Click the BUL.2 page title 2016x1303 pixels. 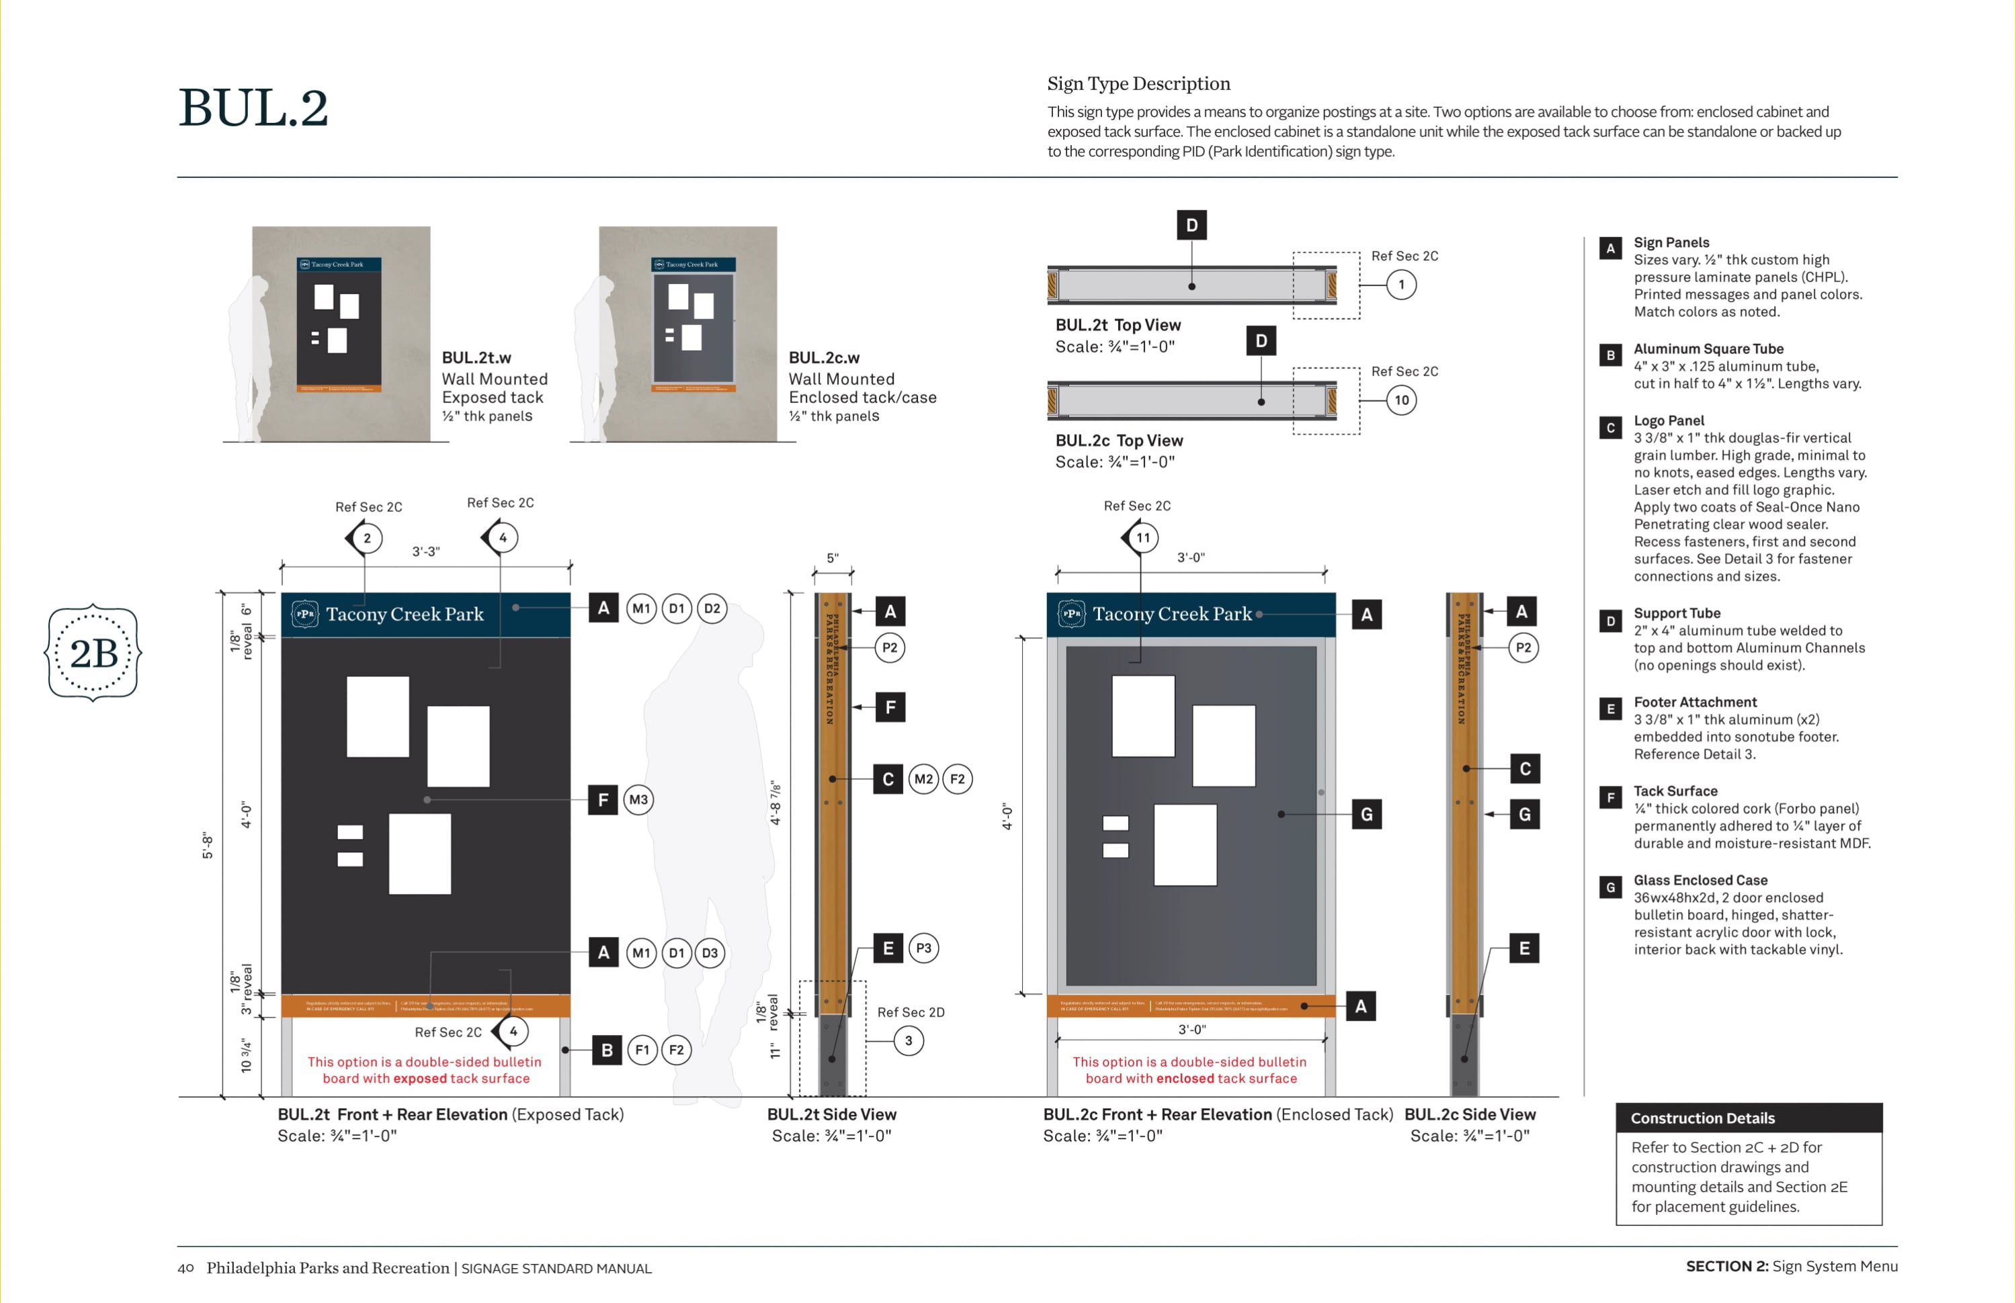[253, 108]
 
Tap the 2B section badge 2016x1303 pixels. [93, 652]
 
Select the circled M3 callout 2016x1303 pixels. [638, 799]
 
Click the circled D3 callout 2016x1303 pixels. [709, 952]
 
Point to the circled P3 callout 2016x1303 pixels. [923, 948]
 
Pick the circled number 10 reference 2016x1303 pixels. [1402, 400]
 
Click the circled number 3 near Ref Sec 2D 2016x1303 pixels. [908, 1040]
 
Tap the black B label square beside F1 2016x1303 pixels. [607, 1050]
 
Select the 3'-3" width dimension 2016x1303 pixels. [426, 551]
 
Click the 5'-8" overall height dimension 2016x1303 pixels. [208, 845]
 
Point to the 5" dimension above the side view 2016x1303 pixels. [833, 558]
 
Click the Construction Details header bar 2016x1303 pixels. [1749, 1118]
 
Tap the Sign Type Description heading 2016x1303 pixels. [1138, 84]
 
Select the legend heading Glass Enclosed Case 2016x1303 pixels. [1699, 880]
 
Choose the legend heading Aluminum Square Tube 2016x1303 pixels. [1708, 349]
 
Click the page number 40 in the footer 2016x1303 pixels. [185, 1267]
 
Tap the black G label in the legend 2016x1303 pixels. [1609, 887]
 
